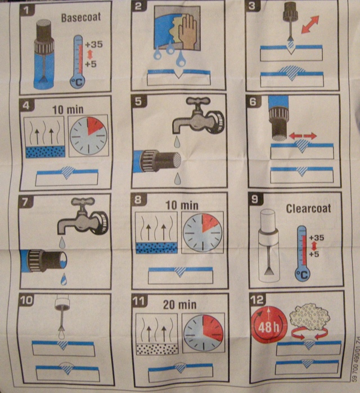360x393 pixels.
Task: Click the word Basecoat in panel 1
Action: pos(81,17)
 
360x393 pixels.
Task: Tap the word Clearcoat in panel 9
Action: pos(308,208)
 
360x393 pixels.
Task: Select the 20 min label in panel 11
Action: pos(180,305)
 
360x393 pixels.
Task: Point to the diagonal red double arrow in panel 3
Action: pos(310,24)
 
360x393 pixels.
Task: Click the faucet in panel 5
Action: pos(198,116)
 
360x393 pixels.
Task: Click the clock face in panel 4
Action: pos(88,135)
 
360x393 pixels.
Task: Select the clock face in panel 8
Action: pos(202,233)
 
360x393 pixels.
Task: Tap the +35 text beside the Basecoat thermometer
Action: pos(94,44)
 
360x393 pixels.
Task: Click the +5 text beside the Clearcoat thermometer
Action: pos(314,254)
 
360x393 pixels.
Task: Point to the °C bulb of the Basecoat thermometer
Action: pos(78,82)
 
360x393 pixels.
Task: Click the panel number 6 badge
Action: pos(253,101)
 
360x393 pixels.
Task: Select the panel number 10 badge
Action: pos(26,300)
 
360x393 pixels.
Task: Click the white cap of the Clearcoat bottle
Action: pos(268,220)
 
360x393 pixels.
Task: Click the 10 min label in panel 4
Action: pos(68,110)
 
